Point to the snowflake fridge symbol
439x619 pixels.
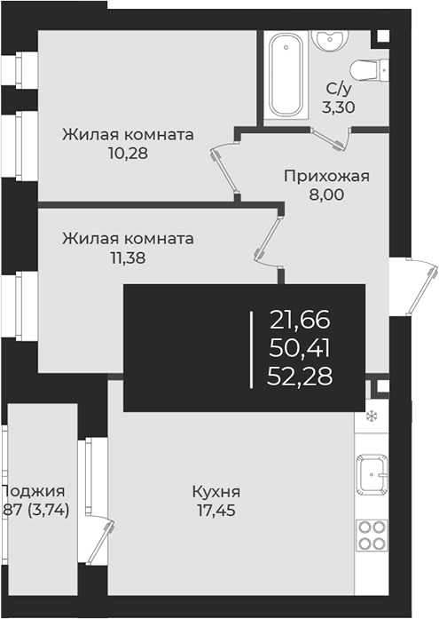coord(372,417)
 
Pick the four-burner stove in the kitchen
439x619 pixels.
coord(372,536)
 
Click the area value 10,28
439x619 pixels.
coord(125,153)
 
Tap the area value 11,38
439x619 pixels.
coord(125,258)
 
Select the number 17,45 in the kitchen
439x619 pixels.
coord(216,510)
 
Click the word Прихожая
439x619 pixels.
coord(325,176)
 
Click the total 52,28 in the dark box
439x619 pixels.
coord(300,377)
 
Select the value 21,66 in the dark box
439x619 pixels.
coord(300,318)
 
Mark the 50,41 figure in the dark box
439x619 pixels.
coord(300,347)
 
